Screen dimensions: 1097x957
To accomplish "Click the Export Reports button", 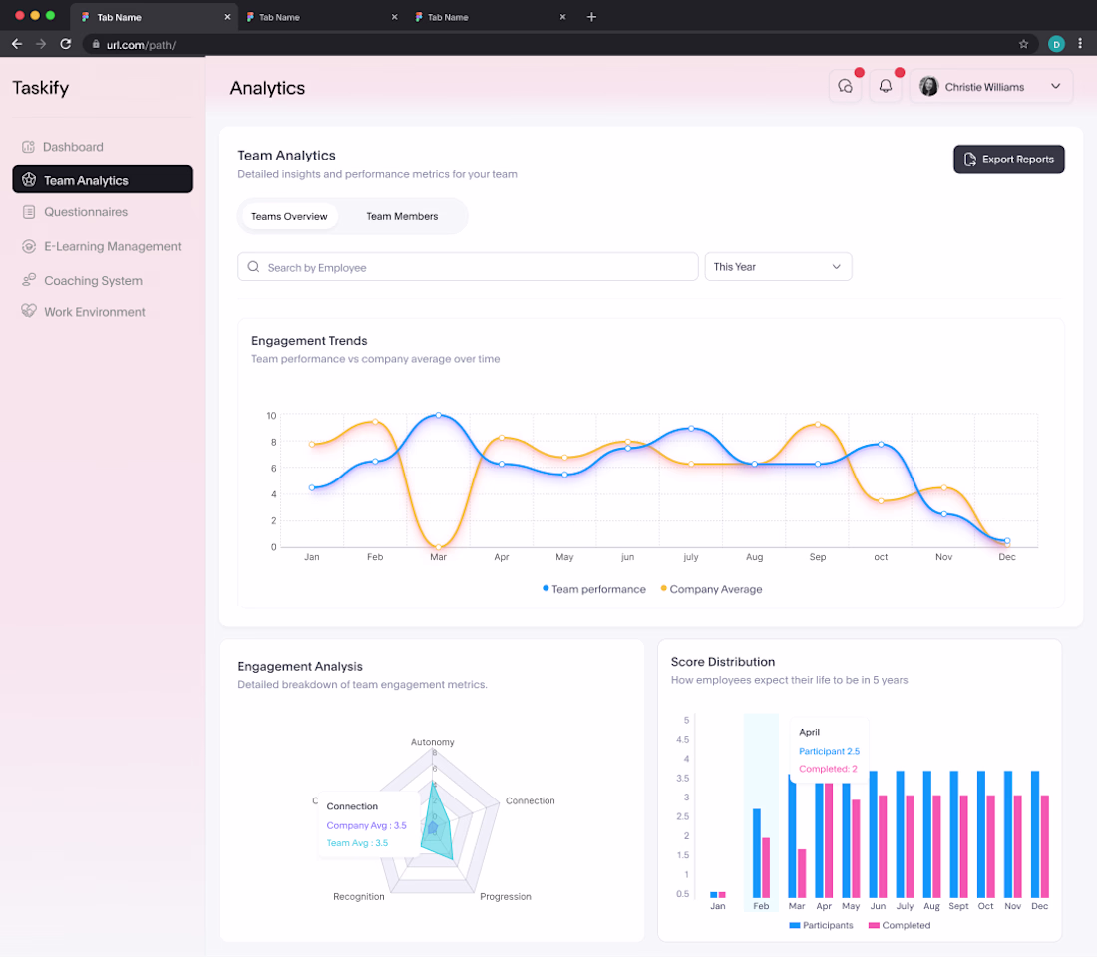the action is (x=1009, y=159).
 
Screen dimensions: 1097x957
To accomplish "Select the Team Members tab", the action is (x=402, y=217).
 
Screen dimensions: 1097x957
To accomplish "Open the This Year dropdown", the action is (x=778, y=267).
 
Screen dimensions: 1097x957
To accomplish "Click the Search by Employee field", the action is (x=468, y=267).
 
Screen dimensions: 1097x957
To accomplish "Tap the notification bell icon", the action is (x=885, y=86).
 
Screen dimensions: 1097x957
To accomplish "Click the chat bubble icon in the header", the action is (x=845, y=86).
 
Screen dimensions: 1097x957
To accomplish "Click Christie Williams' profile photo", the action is (x=929, y=86).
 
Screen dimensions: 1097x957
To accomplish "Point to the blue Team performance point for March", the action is (x=439, y=415).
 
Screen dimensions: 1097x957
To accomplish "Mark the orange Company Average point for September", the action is (x=818, y=424).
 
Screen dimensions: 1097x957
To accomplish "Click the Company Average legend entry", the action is (x=711, y=589).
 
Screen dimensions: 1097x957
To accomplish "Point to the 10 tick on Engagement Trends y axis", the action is (x=271, y=416).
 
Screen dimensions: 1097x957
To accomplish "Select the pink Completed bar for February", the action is (x=766, y=867).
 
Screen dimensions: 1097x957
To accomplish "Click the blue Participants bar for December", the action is (x=1035, y=833).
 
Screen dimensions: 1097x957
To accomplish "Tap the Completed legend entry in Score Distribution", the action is (x=900, y=925).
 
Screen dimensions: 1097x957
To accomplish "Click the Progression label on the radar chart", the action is (x=506, y=897).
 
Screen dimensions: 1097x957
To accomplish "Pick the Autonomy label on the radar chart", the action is (x=433, y=742).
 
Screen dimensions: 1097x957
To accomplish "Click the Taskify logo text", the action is (x=41, y=88).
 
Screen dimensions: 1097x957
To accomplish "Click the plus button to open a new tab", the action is (x=591, y=17).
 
